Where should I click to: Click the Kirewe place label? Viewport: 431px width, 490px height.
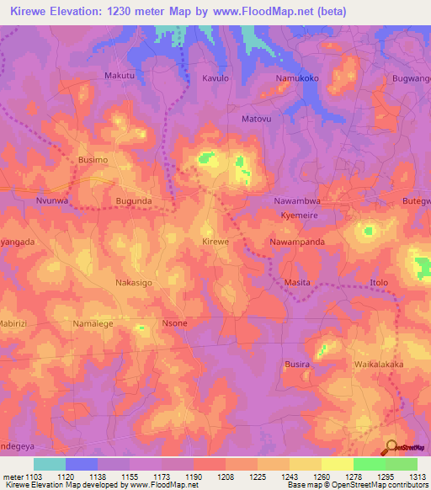pyautogui.click(x=215, y=242)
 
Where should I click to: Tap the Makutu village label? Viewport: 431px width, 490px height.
pyautogui.click(x=119, y=76)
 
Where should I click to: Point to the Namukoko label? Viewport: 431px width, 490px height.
pyautogui.click(x=297, y=78)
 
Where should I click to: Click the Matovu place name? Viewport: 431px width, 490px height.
pyautogui.click(x=257, y=120)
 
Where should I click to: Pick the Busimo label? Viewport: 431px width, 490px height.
pyautogui.click(x=93, y=159)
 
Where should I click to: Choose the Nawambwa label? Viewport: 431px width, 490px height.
pyautogui.click(x=299, y=202)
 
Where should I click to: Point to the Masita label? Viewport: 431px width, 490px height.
pyautogui.click(x=297, y=282)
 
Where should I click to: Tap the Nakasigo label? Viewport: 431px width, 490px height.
pyautogui.click(x=133, y=284)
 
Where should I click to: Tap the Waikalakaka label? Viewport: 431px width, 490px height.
pyautogui.click(x=380, y=365)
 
